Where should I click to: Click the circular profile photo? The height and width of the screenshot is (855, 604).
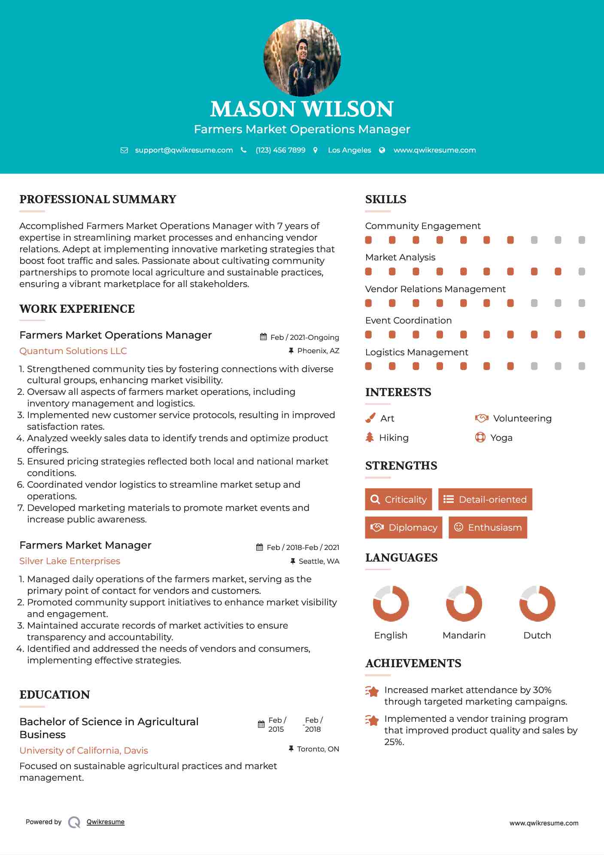[x=302, y=58]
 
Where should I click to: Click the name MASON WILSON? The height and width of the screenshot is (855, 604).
[x=302, y=109]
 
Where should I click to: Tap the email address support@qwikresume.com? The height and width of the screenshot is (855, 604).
[x=184, y=150]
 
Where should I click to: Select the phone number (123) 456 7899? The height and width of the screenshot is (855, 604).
[x=280, y=150]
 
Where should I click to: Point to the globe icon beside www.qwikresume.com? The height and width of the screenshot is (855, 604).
[x=382, y=150]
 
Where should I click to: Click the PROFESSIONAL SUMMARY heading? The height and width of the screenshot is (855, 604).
[x=98, y=199]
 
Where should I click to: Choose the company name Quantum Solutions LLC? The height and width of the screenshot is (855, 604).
[x=73, y=351]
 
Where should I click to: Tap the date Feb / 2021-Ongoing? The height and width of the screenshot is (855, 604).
[x=304, y=338]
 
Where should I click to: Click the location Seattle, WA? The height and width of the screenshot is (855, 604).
[x=319, y=562]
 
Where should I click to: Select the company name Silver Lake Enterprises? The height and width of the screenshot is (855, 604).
[x=70, y=561]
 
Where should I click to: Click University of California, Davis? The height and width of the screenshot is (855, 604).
[x=84, y=751]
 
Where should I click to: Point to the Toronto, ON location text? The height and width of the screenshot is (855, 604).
[x=318, y=749]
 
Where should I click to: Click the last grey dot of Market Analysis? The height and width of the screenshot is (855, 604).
[x=582, y=272]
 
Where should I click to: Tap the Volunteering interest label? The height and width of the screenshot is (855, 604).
[x=522, y=418]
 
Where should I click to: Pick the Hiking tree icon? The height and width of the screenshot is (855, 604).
[x=370, y=438]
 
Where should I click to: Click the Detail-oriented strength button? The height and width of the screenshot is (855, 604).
[x=485, y=499]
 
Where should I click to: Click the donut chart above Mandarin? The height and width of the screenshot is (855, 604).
[x=464, y=603]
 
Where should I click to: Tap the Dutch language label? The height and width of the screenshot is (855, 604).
[x=537, y=635]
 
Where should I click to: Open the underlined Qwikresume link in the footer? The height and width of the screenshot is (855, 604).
[x=106, y=822]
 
